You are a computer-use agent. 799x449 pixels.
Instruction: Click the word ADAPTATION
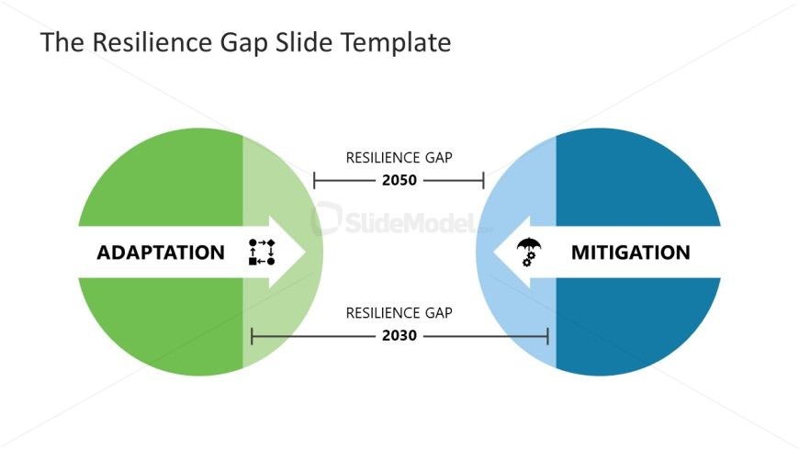161,253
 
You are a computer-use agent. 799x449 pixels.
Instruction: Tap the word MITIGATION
630,253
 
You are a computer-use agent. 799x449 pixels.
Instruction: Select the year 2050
399,180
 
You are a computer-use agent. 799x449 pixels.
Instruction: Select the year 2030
399,336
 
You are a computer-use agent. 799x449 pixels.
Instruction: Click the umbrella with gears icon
529,253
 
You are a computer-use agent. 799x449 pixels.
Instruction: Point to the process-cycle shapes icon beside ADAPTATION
262,253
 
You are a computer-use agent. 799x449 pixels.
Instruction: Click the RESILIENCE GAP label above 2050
399,158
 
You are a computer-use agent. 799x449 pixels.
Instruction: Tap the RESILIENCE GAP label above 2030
399,313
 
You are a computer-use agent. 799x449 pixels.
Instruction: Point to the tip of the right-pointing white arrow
305,253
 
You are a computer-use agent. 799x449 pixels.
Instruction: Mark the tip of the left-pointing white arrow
493,253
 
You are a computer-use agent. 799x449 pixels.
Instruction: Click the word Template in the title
396,42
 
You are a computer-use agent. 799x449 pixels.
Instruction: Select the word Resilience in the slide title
152,42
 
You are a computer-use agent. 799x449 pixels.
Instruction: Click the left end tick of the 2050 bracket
314,180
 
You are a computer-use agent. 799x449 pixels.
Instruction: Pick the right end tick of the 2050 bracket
483,180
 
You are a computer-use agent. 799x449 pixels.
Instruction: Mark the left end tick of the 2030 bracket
253,336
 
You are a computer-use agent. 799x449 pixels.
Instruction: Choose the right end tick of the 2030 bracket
547,336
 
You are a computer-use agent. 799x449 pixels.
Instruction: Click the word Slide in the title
304,42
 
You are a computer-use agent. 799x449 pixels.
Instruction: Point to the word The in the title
62,42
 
